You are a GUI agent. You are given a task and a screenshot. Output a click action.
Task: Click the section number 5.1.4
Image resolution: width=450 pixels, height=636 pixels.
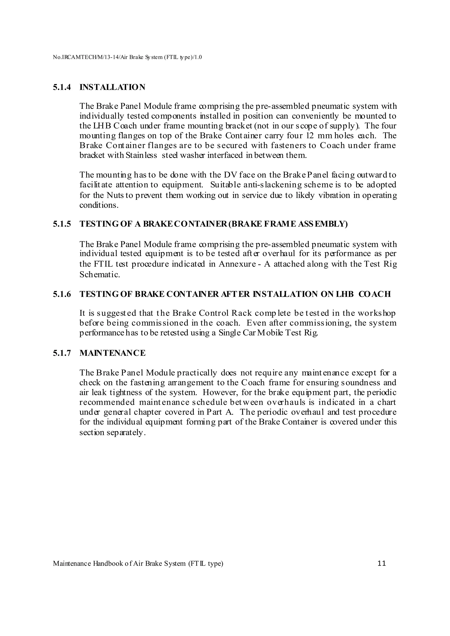62,88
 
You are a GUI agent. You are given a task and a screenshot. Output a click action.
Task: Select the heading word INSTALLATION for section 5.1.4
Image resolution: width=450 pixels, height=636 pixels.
112,88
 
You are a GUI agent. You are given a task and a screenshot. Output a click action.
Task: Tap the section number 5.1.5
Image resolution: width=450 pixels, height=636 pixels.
62,224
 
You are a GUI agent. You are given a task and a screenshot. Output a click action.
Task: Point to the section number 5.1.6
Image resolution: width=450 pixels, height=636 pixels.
62,294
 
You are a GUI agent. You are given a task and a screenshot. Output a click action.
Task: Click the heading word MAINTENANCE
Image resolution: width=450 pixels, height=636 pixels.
112,353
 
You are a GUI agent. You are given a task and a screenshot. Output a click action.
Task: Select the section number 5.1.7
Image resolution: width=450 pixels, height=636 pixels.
62,353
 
